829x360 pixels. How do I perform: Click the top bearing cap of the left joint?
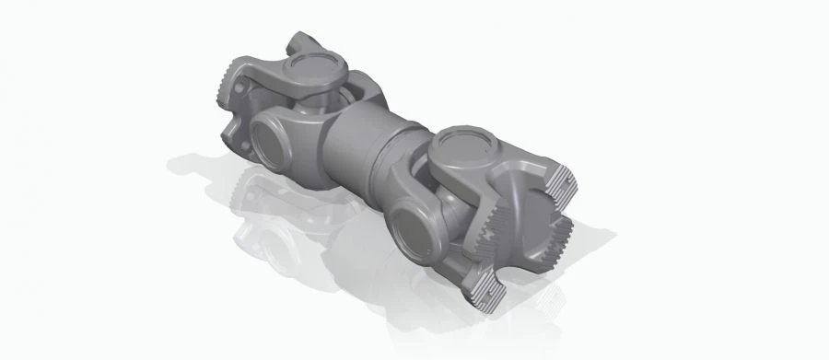point(314,69)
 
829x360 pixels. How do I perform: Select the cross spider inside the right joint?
point(442,198)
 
